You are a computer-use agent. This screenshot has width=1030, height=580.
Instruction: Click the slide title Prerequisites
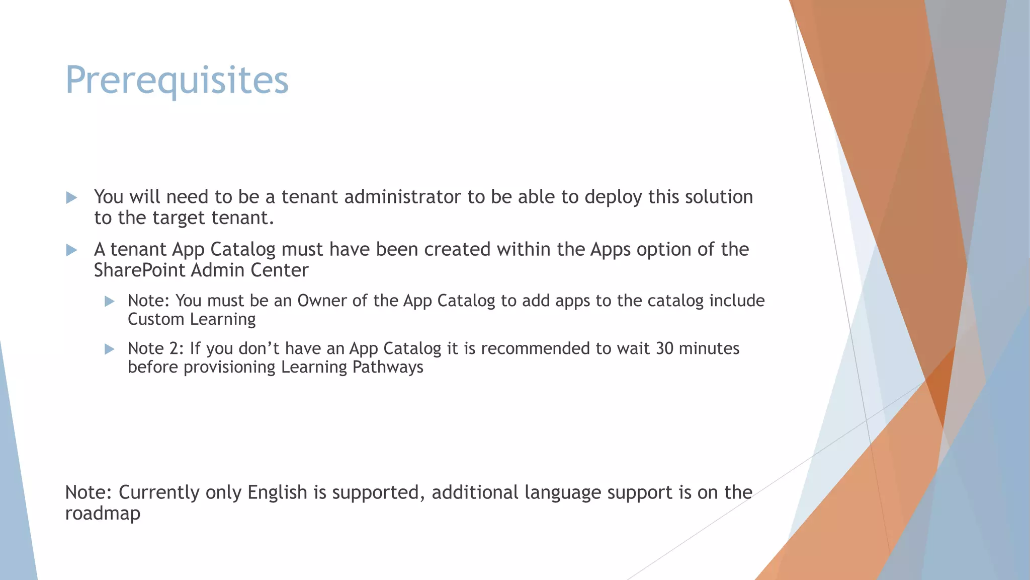(x=177, y=81)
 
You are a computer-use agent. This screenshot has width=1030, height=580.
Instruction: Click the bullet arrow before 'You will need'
(x=72, y=198)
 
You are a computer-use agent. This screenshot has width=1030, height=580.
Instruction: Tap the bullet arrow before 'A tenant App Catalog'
(x=72, y=250)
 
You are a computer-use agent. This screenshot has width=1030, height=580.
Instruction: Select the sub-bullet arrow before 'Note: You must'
(x=110, y=302)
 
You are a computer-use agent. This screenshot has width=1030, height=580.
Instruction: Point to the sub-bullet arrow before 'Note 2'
(x=110, y=349)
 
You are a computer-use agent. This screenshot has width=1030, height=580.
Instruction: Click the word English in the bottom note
(x=277, y=492)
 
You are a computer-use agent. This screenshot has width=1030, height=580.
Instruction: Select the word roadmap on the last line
(x=103, y=514)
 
